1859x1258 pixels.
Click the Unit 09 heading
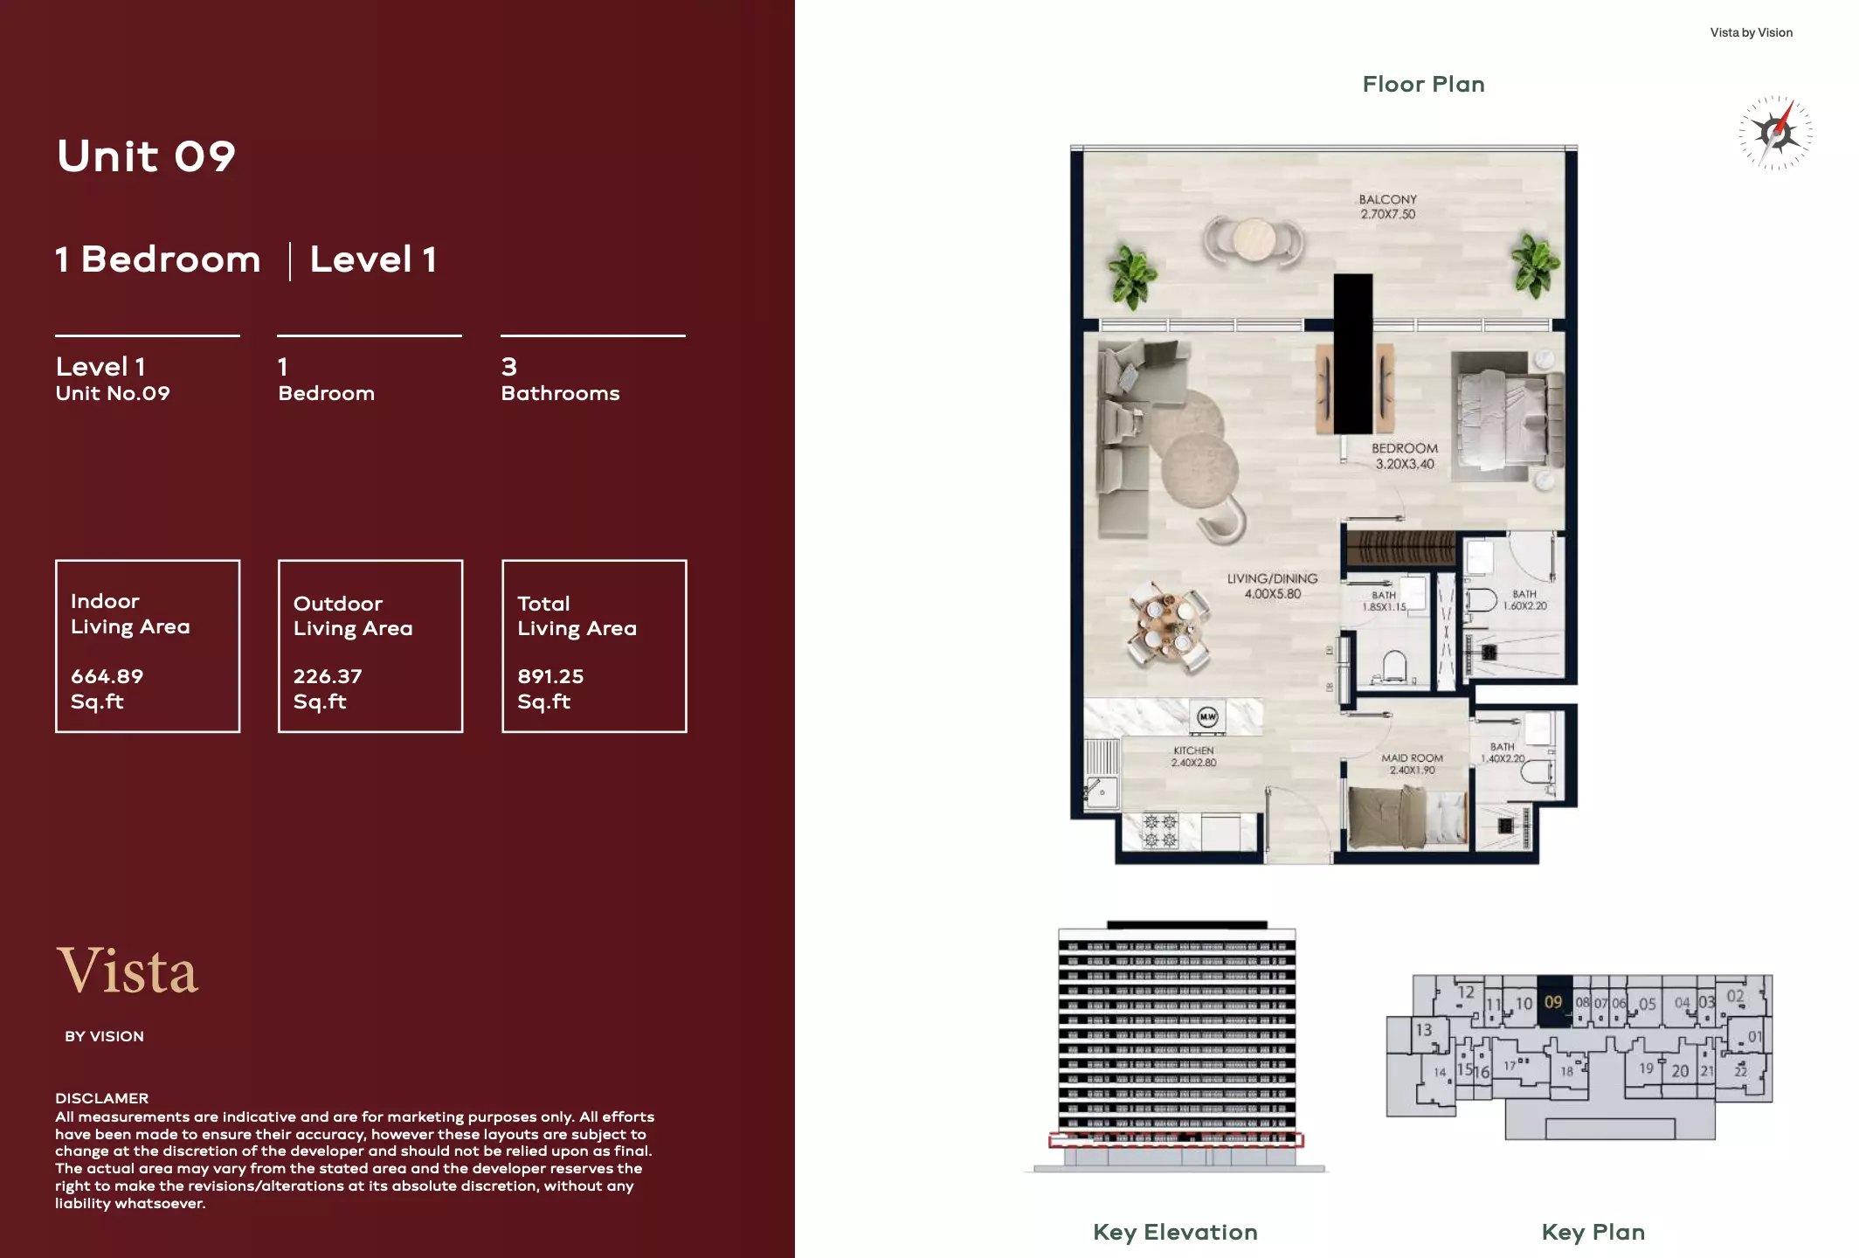tap(146, 156)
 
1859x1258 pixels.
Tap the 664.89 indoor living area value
tap(107, 676)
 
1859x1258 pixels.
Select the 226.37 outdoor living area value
tap(328, 676)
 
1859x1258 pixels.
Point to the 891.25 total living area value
tap(550, 676)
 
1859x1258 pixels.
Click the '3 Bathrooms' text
tap(560, 380)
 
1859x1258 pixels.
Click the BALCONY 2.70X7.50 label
tap(1387, 207)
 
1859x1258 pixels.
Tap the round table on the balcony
tap(1254, 239)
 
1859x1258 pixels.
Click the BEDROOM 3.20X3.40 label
tap(1404, 456)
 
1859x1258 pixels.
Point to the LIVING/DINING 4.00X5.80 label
tap(1272, 586)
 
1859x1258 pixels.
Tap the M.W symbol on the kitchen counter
tap(1207, 717)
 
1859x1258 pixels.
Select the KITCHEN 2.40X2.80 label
tap(1193, 757)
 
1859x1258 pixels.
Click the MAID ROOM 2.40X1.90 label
tap(1412, 764)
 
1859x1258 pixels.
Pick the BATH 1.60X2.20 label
tap(1524, 599)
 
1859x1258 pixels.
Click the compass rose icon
tap(1775, 133)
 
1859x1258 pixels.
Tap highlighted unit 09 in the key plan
tap(1553, 1002)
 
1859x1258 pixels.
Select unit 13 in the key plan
tap(1424, 1030)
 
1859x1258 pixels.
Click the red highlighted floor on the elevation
tap(1176, 1140)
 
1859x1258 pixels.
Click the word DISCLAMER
tap(102, 1098)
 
